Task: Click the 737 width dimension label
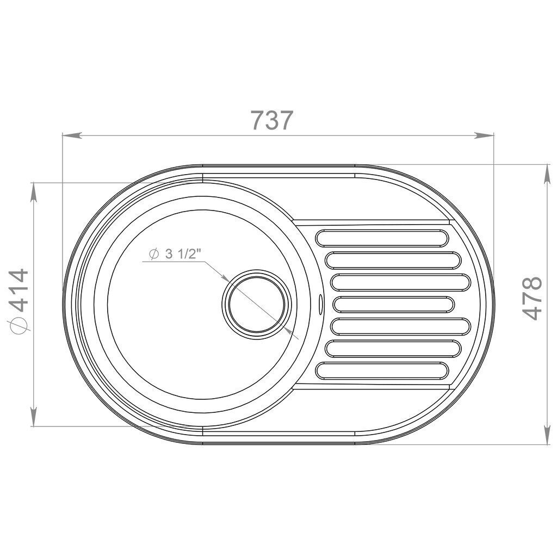coord(272,120)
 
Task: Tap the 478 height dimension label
coord(532,298)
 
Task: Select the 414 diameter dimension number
coord(18,290)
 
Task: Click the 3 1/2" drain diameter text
coord(183,254)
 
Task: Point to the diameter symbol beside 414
coord(18,325)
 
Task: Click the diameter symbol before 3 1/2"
coord(154,254)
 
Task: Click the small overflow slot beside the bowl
coord(320,304)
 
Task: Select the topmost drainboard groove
coord(382,238)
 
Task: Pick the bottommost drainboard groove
coord(382,370)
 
